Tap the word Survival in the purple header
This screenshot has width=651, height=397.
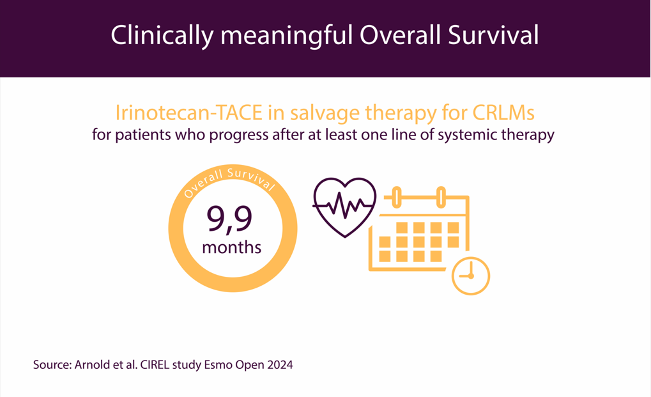coord(494,35)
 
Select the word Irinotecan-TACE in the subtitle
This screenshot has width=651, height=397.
coord(189,113)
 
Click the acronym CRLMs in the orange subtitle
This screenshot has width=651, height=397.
coord(503,113)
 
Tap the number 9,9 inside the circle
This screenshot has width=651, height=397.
coord(229,220)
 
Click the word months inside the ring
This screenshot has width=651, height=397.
coord(232,247)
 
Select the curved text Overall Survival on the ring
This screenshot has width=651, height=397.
coord(229,180)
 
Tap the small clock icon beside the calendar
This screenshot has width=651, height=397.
coord(471,276)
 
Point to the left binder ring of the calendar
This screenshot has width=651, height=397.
coord(397,197)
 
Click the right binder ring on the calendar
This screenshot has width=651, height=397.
coord(441,197)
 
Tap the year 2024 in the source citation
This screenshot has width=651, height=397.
coord(280,364)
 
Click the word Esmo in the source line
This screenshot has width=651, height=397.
coord(218,364)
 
